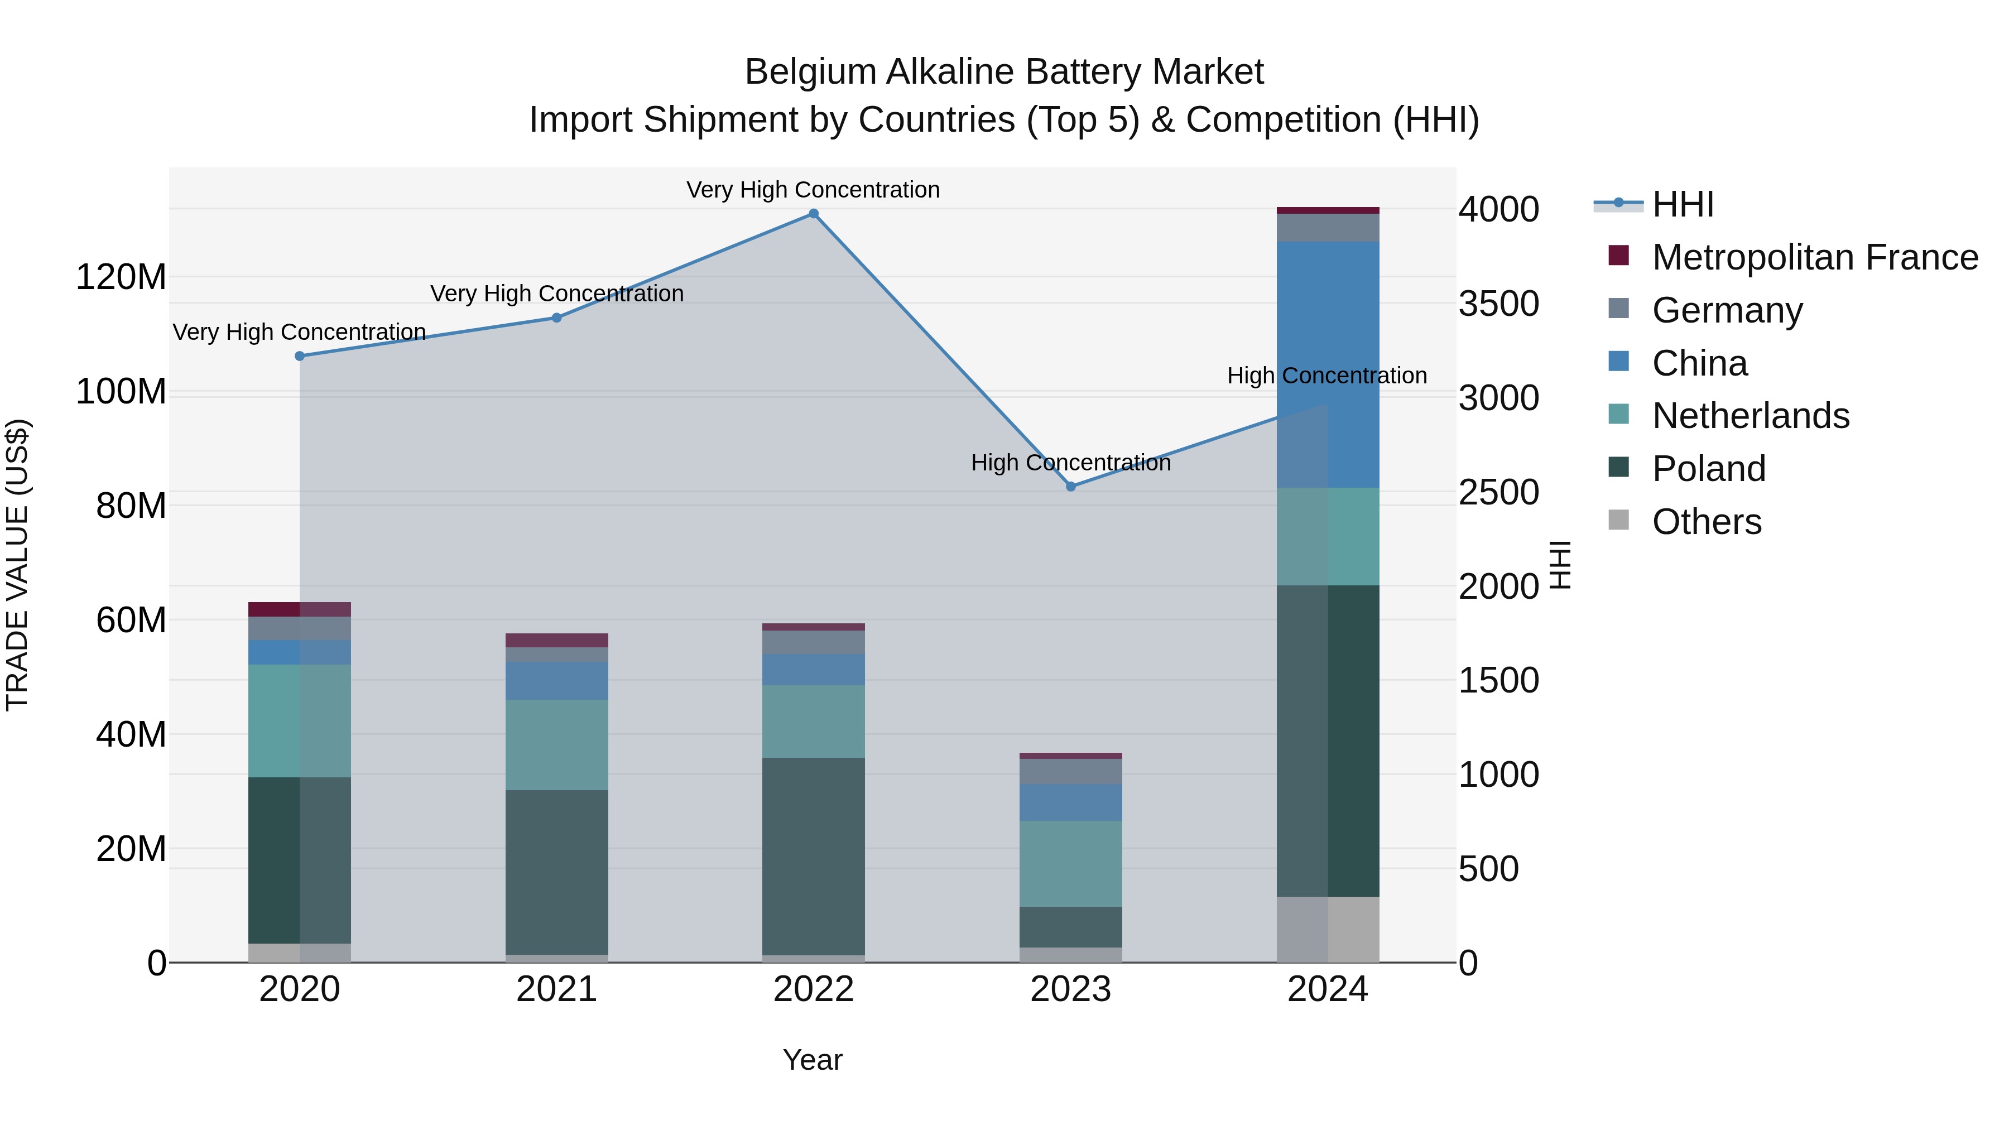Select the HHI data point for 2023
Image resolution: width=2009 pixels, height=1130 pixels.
coord(1071,487)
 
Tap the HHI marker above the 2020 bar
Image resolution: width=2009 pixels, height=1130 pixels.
coord(300,357)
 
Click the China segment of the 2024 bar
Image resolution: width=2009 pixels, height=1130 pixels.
coord(1328,365)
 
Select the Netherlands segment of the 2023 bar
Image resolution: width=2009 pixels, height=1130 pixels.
coord(1071,863)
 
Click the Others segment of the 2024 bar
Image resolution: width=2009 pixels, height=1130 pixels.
coord(1328,930)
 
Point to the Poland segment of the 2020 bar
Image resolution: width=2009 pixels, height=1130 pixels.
coord(300,860)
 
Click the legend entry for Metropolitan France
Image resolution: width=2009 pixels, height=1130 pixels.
coord(1815,257)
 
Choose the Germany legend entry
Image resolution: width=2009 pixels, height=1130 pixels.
coord(1727,310)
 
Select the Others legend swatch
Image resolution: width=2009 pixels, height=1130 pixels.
coord(1619,520)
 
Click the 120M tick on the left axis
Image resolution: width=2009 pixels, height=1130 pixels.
coord(122,278)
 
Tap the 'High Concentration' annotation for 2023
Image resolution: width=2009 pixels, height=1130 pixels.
coord(1071,463)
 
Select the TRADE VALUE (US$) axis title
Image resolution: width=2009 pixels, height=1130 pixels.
coord(17,565)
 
